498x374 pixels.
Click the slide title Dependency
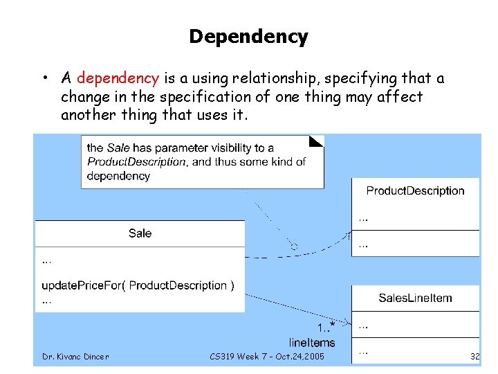point(248,37)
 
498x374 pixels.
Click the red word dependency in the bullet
point(118,78)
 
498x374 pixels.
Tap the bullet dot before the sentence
point(44,78)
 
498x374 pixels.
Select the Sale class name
point(140,233)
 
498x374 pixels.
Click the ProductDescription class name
point(415,190)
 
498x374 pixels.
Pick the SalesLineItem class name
point(415,298)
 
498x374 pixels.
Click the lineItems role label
point(312,342)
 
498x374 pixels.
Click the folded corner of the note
point(317,141)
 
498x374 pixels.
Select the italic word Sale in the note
point(118,148)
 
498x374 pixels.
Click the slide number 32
point(474,357)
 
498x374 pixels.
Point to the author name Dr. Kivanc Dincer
point(75,357)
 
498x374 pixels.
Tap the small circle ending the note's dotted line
point(294,246)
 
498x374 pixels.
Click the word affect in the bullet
point(399,97)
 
